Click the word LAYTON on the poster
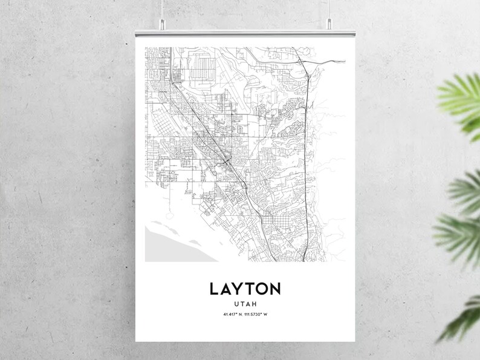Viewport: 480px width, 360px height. click(245, 288)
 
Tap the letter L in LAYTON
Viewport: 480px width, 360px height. click(214, 288)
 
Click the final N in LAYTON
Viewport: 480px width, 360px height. click(276, 288)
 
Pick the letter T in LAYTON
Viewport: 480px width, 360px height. click(251, 288)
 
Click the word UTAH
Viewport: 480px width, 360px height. click(245, 304)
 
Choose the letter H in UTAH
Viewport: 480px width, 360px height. click(255, 304)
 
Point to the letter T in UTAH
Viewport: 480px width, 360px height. click(242, 304)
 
